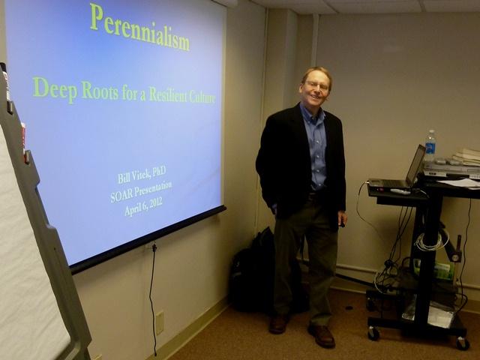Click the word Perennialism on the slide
click(140, 27)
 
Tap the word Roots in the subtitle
click(100, 91)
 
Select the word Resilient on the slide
click(167, 94)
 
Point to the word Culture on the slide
click(202, 97)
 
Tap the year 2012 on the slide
click(155, 204)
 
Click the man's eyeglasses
click(317, 85)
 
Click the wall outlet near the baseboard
click(160, 322)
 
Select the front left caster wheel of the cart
click(373, 333)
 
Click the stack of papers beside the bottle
click(466, 157)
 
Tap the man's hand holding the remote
click(342, 219)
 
